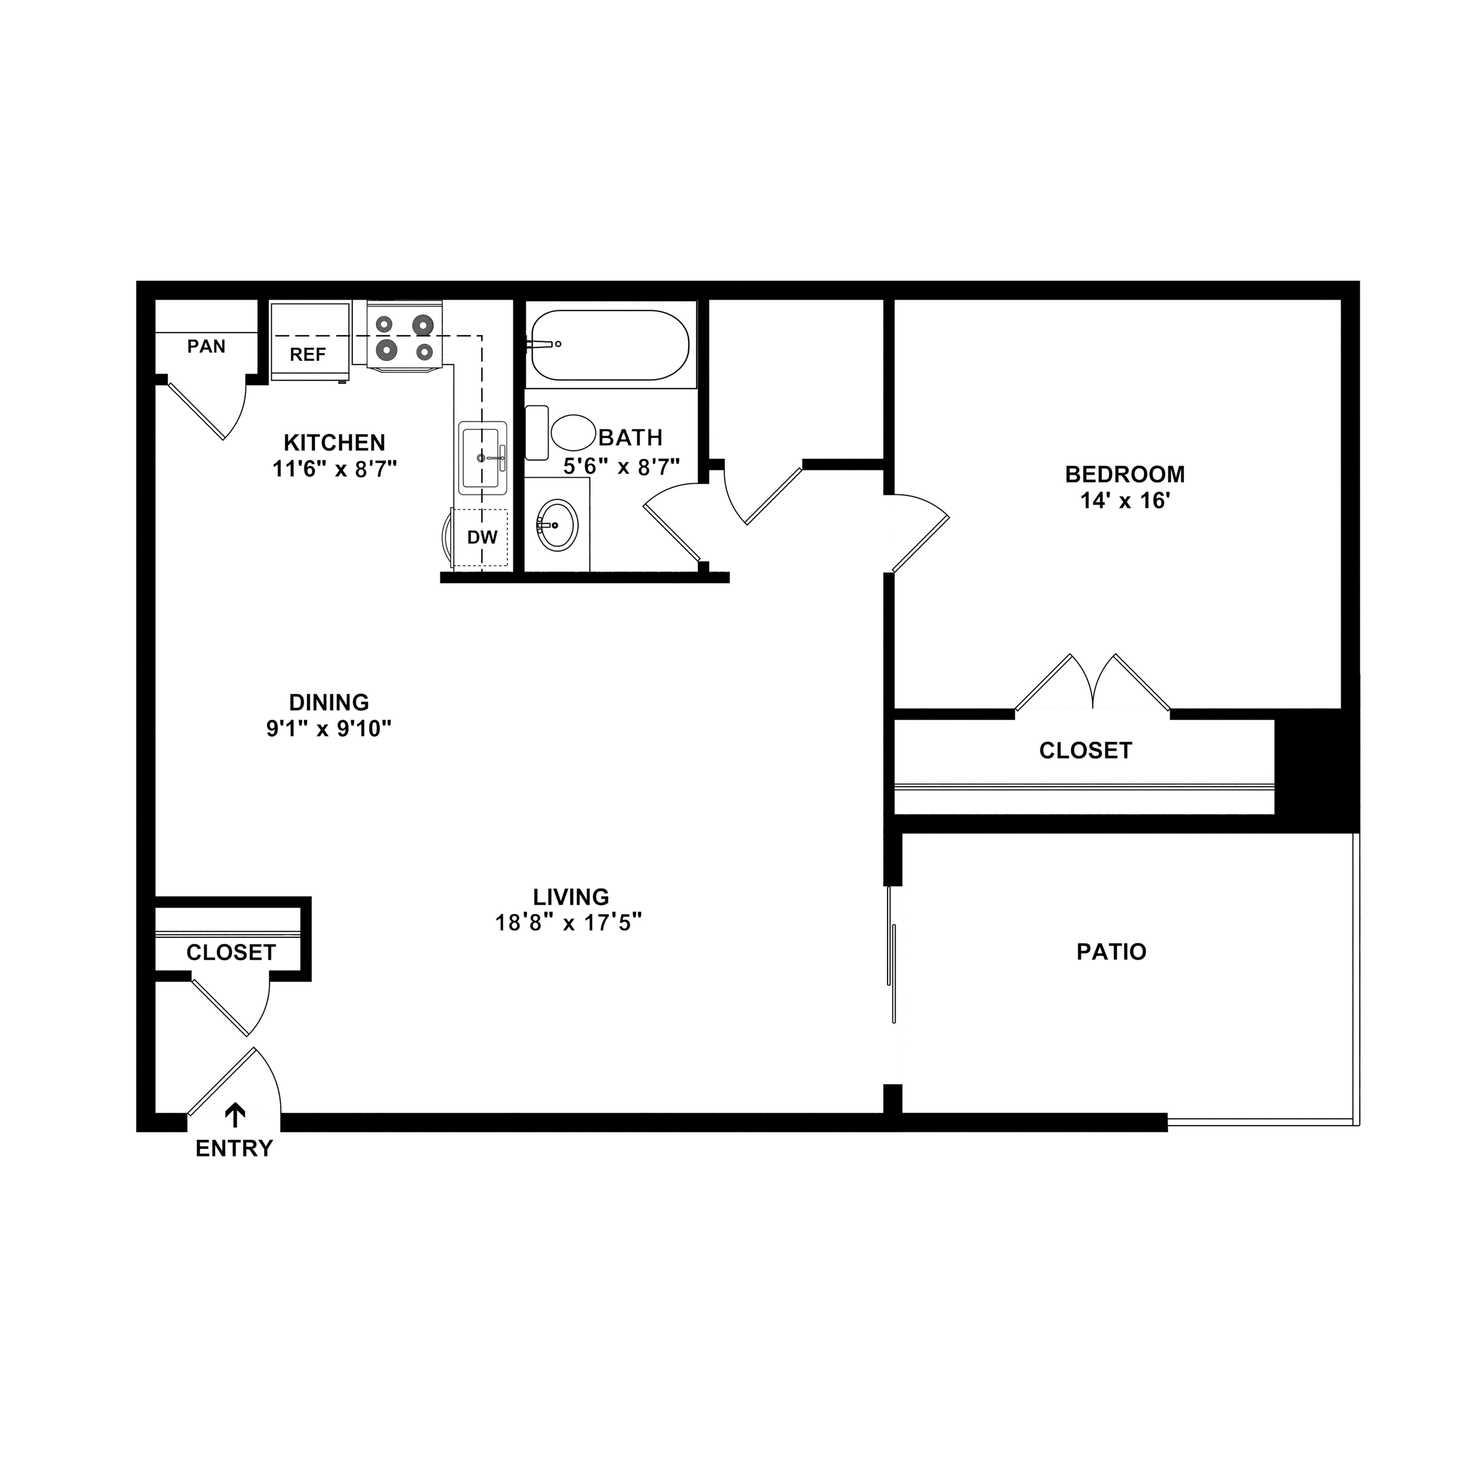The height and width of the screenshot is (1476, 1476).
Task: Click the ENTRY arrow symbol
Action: coord(235,1115)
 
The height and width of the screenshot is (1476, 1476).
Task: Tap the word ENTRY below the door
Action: coord(234,1148)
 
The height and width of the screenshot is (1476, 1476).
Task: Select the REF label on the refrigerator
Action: coord(308,354)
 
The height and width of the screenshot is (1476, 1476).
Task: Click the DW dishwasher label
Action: coord(482,537)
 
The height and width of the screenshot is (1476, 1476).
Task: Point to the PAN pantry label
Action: coord(206,346)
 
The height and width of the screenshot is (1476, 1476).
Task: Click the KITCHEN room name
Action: coord(335,442)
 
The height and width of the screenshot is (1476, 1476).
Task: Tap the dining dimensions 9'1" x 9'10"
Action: coord(329,728)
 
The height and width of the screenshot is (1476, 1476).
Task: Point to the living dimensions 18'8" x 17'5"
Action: coord(568,923)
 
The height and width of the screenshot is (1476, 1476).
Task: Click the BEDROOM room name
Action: coord(1125,474)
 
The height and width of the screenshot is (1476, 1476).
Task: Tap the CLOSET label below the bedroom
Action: coord(1085,750)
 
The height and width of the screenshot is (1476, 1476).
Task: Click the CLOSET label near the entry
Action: coord(231,952)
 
